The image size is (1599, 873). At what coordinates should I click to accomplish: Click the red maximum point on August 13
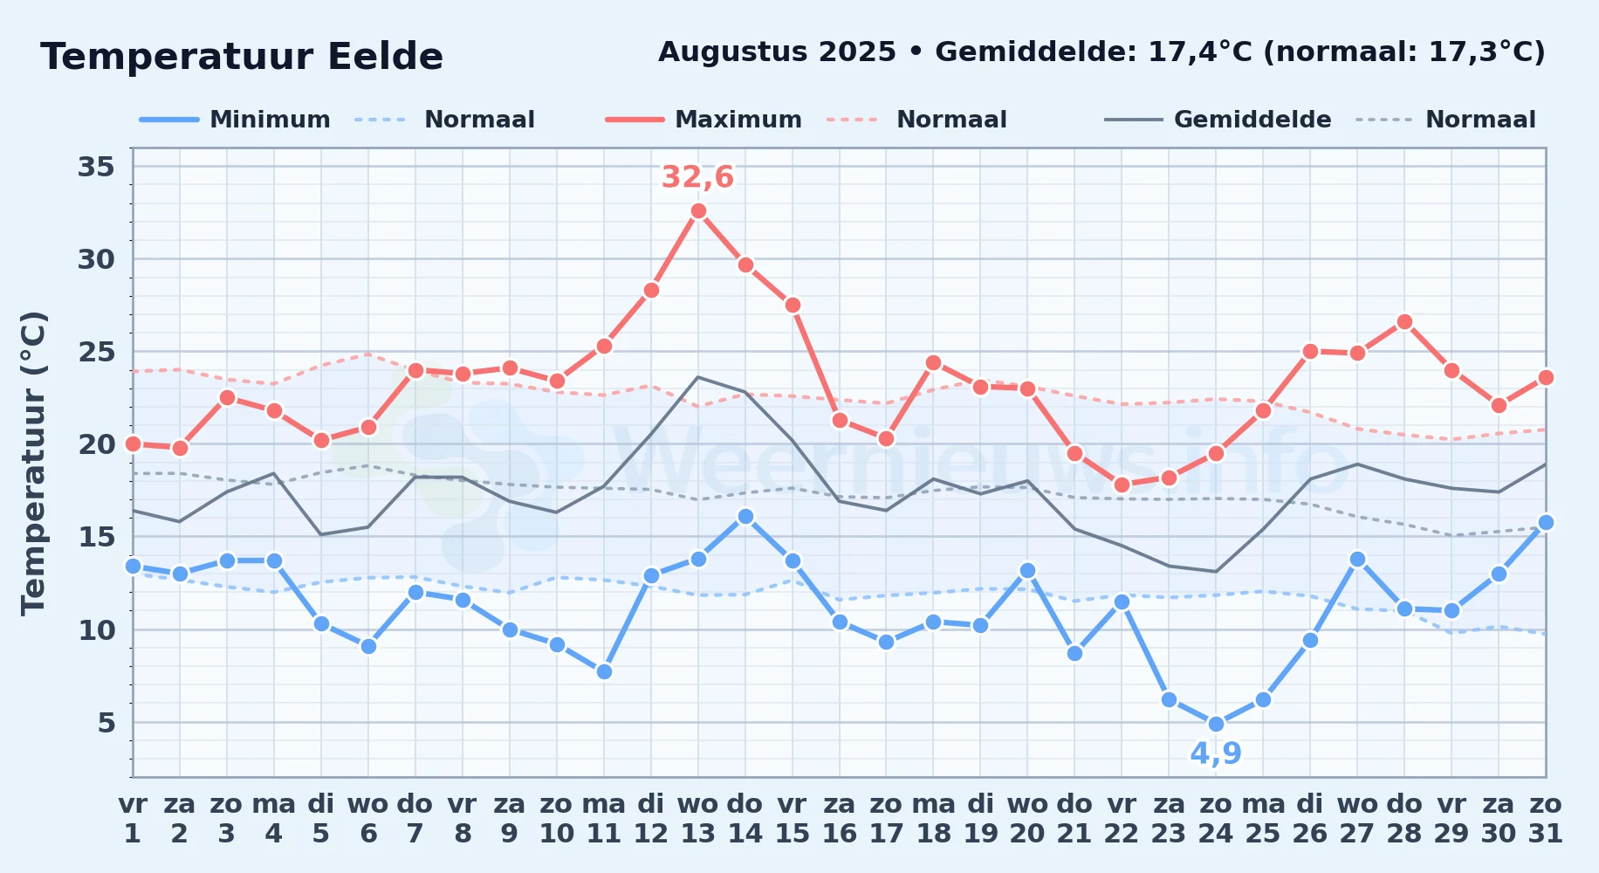698,210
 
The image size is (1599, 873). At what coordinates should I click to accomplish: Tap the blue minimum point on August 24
1216,724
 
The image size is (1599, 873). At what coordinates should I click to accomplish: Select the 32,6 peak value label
697,177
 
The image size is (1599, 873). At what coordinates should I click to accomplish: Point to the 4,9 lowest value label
1216,753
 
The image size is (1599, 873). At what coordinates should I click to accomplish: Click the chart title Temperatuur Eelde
242,57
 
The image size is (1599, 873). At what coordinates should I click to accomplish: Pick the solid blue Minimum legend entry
235,120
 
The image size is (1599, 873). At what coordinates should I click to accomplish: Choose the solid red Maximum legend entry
703,120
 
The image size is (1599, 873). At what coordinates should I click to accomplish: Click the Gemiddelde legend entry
1218,120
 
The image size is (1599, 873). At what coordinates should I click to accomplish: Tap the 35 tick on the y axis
96,166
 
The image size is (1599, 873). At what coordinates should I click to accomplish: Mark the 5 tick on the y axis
106,722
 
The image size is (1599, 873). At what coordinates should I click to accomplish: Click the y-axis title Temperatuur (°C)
33,463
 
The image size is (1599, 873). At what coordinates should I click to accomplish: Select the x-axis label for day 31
1546,818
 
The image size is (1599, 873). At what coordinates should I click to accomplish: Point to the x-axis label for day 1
133,818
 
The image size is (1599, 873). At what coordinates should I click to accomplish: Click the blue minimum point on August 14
745,516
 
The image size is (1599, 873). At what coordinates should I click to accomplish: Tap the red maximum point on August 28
1404,322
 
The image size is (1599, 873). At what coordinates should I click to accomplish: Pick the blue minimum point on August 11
604,671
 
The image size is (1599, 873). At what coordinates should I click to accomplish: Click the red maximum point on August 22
1122,485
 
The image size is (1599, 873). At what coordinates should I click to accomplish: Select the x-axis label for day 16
840,818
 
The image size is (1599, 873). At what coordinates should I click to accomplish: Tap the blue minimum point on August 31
1546,522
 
